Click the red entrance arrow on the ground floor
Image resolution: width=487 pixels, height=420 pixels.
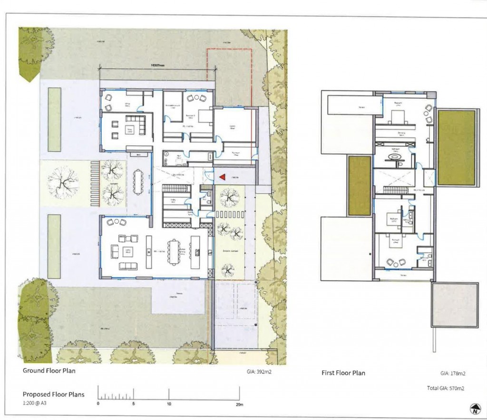[x=222, y=177]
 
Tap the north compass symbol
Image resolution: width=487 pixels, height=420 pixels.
[x=475, y=408]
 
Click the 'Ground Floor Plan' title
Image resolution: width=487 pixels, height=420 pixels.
[x=49, y=371]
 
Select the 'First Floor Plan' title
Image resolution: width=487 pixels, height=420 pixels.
[x=344, y=373]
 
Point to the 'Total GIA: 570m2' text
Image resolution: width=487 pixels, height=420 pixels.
[x=446, y=388]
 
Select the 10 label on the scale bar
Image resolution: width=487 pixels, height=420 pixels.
[x=169, y=404]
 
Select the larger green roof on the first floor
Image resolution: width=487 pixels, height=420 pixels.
[x=456, y=147]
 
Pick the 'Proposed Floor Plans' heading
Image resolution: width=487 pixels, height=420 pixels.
[x=54, y=394]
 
